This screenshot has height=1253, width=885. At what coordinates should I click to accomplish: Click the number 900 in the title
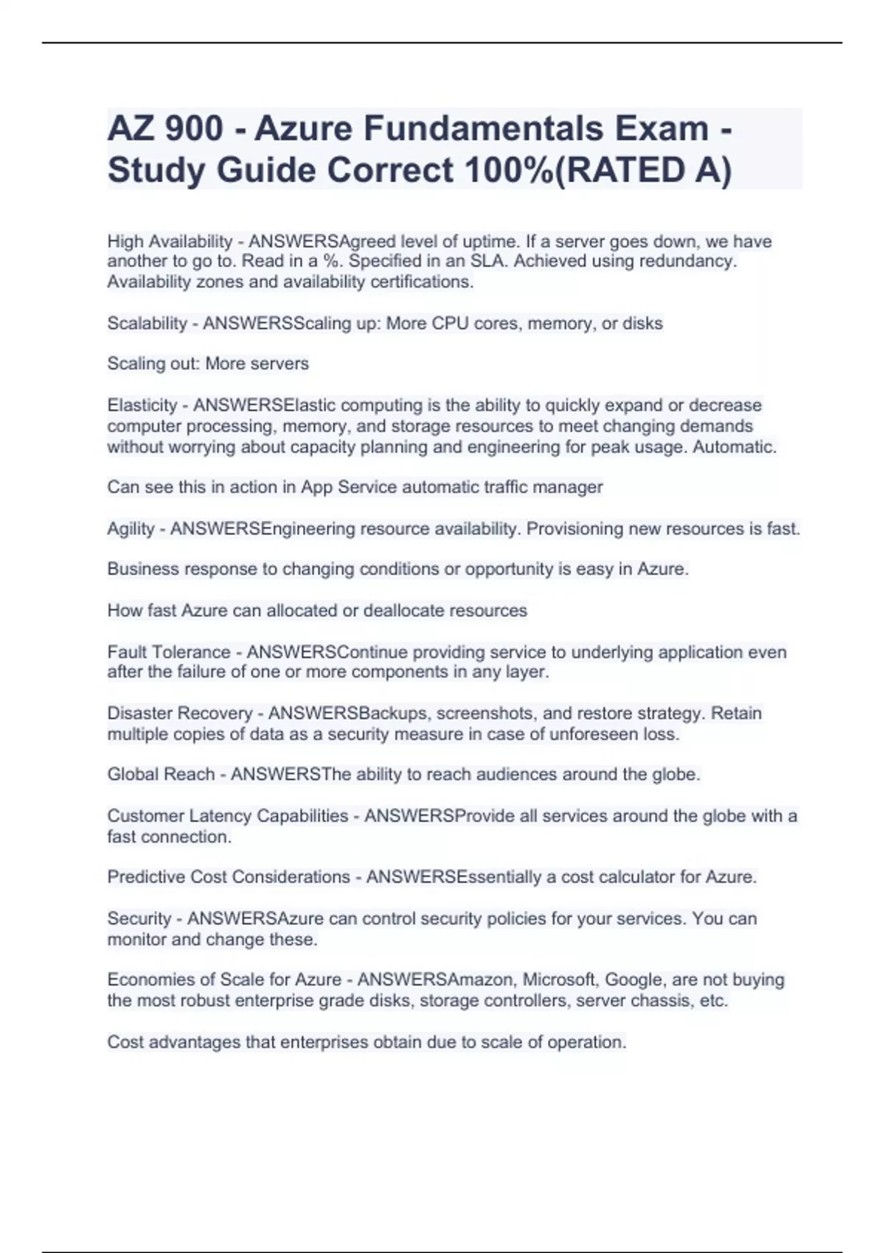point(194,129)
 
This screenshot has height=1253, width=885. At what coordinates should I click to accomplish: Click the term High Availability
point(170,241)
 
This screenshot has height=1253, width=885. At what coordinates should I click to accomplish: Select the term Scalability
point(147,324)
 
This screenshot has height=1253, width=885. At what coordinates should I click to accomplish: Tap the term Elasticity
point(142,405)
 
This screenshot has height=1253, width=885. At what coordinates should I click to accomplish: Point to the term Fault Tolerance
point(169,652)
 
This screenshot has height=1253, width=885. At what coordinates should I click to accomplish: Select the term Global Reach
point(161,775)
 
